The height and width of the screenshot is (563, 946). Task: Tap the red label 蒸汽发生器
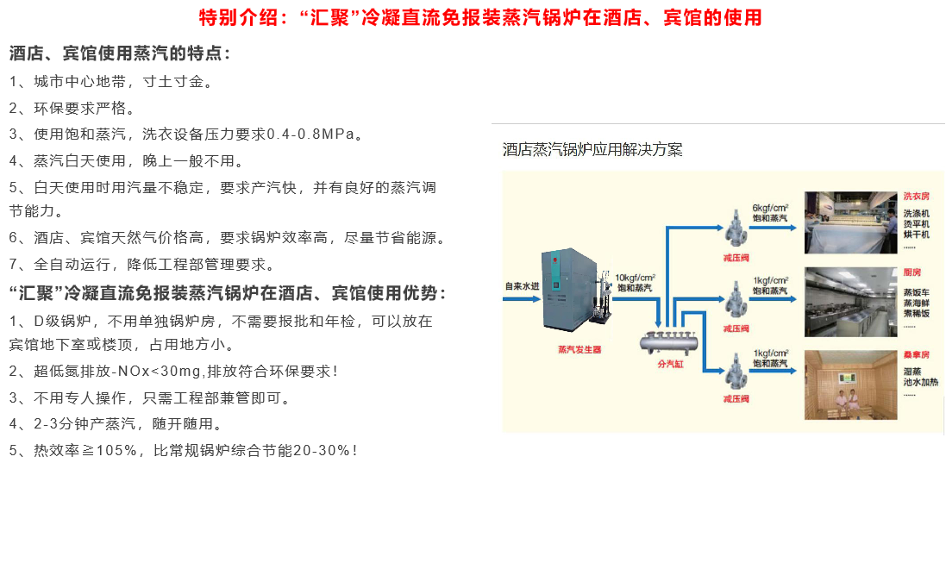[x=579, y=350]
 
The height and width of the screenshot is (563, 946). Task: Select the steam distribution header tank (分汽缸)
[x=668, y=342]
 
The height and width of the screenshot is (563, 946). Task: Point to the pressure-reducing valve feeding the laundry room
[x=736, y=229]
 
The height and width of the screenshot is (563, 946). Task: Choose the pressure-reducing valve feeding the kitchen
[x=736, y=302]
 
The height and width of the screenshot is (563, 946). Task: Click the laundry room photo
[x=850, y=222]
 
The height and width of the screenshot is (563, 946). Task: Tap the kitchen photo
[x=850, y=302]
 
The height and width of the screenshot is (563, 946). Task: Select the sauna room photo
[x=850, y=385]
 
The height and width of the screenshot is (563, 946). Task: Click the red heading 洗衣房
[x=917, y=197]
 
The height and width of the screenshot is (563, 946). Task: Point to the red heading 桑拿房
[x=917, y=355]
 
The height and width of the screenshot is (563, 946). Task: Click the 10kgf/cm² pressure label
[x=635, y=278]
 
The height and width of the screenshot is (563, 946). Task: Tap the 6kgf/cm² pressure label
[x=770, y=208]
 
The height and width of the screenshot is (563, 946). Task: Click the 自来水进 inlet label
[x=521, y=285]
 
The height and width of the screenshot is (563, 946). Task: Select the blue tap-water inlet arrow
[x=521, y=299]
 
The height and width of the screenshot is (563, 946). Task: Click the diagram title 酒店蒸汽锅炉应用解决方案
[x=592, y=150]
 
